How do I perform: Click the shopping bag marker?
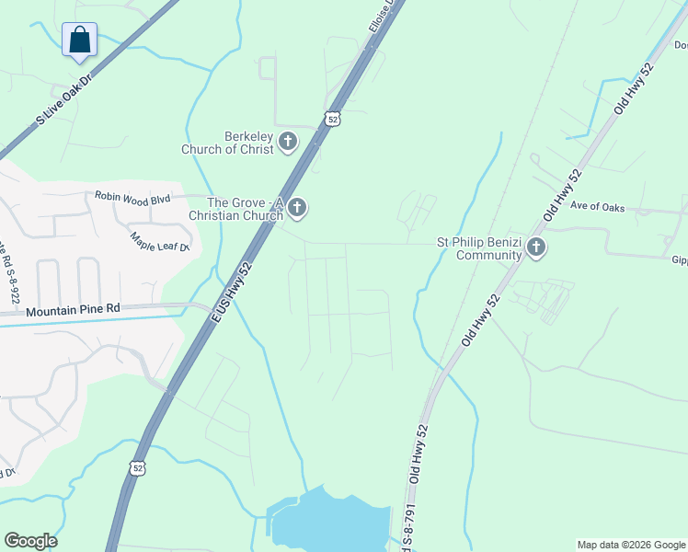coord(80,40)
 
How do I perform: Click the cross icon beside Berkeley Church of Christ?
coord(288,142)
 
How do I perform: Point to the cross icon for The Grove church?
coord(297,209)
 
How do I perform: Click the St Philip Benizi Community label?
coord(479,248)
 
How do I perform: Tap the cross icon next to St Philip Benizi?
coord(536,247)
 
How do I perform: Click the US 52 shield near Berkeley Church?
coord(332,118)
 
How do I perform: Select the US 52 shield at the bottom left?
coord(138,467)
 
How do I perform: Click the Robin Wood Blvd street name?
coord(132,196)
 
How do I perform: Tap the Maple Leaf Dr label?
coord(159,241)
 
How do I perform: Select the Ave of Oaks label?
coord(597,207)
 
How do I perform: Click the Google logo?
coord(30,541)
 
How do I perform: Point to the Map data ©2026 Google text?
coord(631,545)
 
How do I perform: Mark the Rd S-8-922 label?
coord(12,270)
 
